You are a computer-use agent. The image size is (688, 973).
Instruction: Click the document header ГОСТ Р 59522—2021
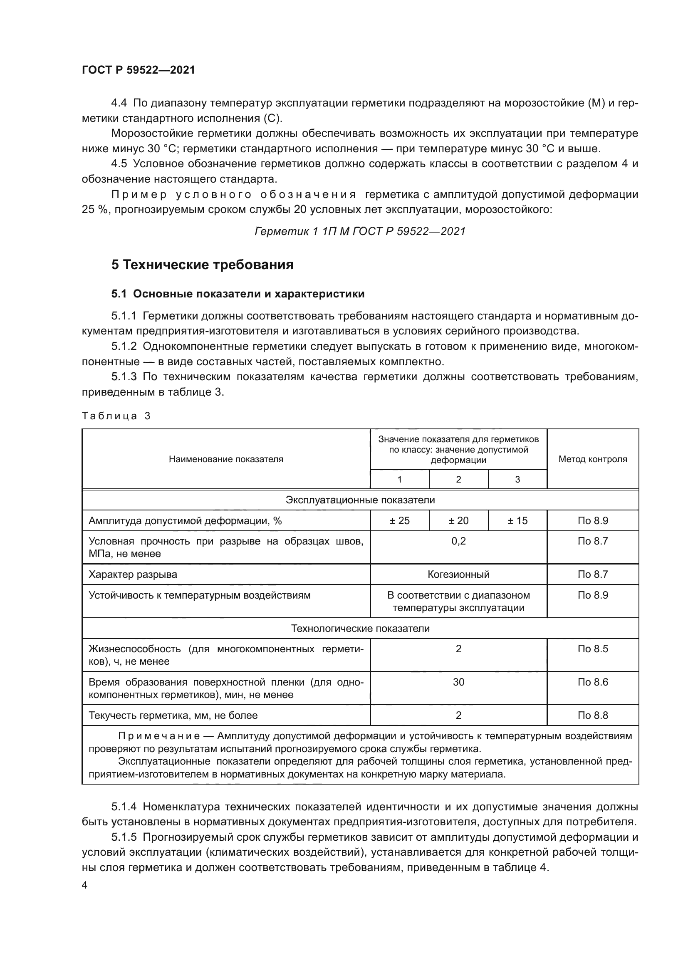(139, 70)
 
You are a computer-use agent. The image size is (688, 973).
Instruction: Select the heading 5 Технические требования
(202, 265)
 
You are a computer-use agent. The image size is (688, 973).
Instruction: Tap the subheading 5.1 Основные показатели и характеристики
(238, 294)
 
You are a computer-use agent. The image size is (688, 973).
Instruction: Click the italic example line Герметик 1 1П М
(360, 231)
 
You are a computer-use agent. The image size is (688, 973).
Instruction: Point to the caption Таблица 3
(116, 416)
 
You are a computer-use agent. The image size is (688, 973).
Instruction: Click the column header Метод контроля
(592, 459)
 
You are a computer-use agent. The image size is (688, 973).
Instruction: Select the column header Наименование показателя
(226, 459)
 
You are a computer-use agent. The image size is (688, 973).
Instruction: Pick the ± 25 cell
(399, 520)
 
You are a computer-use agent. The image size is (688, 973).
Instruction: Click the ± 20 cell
(458, 520)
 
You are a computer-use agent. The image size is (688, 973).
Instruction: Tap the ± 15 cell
(517, 520)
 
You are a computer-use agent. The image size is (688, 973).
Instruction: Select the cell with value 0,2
(458, 541)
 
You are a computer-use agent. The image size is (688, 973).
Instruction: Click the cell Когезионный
(458, 574)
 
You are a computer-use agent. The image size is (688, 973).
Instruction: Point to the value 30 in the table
(458, 682)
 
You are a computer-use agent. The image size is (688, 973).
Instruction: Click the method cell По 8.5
(592, 649)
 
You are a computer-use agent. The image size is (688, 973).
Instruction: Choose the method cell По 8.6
(592, 682)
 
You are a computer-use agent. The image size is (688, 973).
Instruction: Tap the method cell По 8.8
(592, 716)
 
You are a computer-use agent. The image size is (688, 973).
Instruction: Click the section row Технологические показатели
(360, 629)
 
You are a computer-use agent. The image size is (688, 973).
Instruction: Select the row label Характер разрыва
(133, 574)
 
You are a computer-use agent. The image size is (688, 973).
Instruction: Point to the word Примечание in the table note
(159, 736)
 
